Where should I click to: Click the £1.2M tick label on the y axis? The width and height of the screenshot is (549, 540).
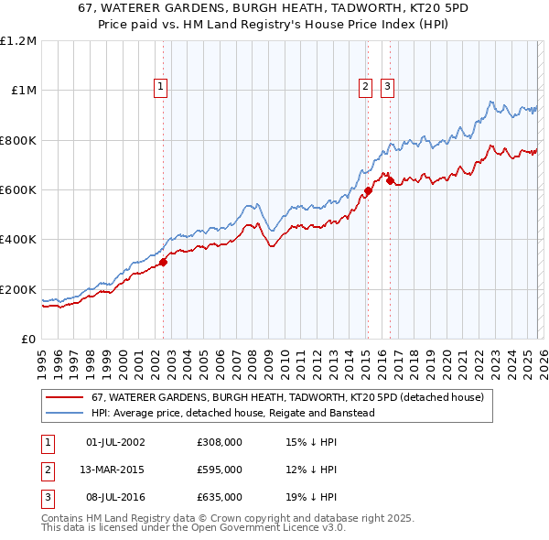pyautogui.click(x=18, y=41)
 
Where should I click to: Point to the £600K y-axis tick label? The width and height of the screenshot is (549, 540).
pyautogui.click(x=18, y=190)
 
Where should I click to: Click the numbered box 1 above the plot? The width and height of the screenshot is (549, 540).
pyautogui.click(x=160, y=87)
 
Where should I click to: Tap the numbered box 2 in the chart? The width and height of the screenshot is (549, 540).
pyautogui.click(x=365, y=87)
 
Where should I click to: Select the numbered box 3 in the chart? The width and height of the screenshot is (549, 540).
pyautogui.click(x=387, y=87)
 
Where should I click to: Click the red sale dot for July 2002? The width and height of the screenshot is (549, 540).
pyautogui.click(x=163, y=263)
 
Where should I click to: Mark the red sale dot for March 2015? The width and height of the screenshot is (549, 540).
pyautogui.click(x=368, y=191)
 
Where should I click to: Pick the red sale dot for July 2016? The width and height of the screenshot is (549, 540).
pyautogui.click(x=390, y=181)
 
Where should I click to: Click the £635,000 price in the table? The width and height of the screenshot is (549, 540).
pyautogui.click(x=219, y=496)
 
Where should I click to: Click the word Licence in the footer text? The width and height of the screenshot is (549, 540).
pyautogui.click(x=288, y=529)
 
